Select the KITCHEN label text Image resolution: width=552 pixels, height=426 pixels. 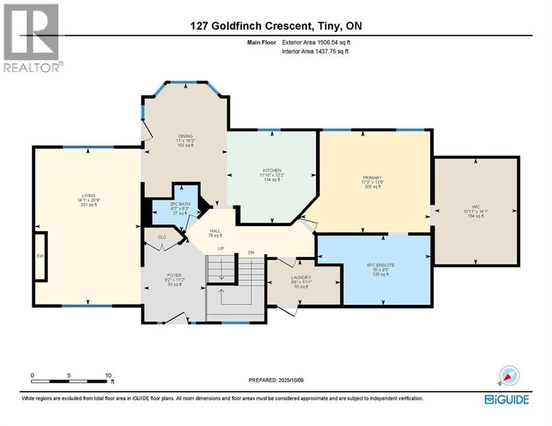click(272, 170)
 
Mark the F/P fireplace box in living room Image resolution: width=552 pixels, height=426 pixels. click(40, 257)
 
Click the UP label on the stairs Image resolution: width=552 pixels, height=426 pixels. click(220, 248)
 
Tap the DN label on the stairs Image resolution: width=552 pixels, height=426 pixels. click(251, 252)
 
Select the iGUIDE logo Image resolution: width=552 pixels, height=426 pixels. click(506, 399)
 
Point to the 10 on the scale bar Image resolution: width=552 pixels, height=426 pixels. click(107, 375)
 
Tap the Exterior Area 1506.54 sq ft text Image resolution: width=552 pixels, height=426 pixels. click(316, 42)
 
